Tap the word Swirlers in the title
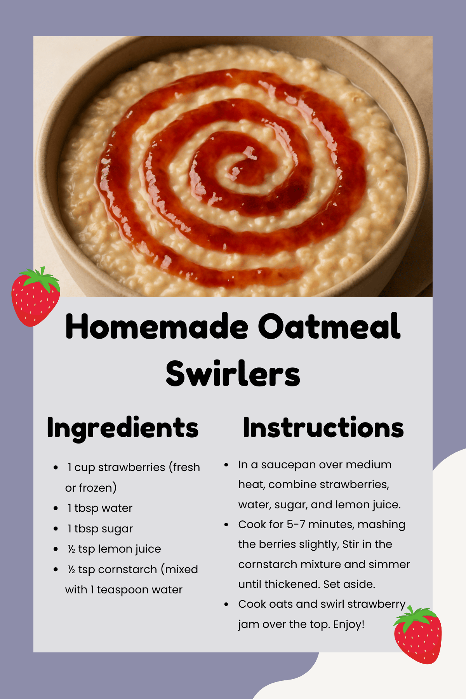click(233, 374)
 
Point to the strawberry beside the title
click(35, 297)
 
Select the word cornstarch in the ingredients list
click(127, 569)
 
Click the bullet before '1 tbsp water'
click(56, 508)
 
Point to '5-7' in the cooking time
click(296, 524)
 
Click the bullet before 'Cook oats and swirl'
click(226, 604)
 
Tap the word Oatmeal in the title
click(329, 326)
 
